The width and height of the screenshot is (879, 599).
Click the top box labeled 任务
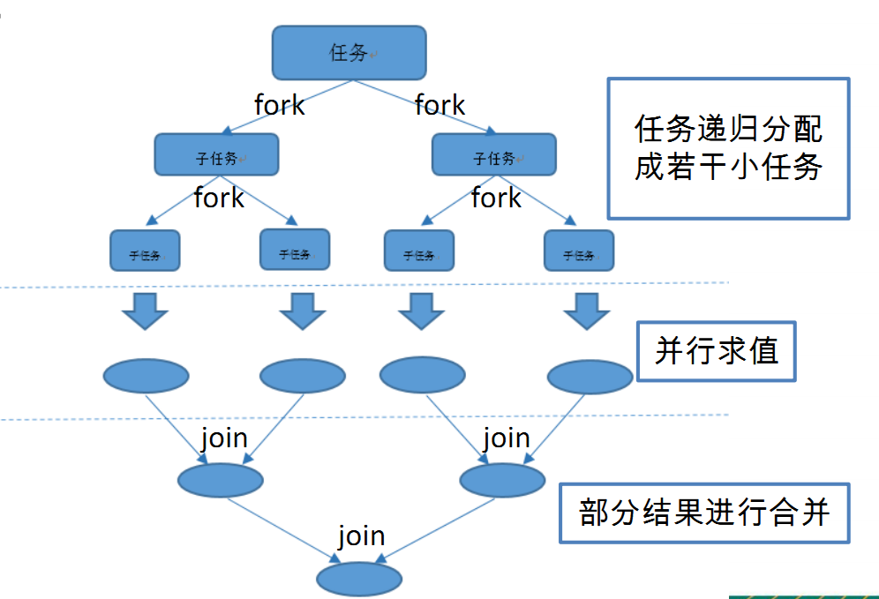click(349, 53)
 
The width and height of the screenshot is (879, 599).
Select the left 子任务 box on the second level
click(216, 154)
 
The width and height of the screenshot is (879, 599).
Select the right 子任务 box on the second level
click(494, 155)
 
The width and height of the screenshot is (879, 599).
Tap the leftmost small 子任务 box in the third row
click(145, 251)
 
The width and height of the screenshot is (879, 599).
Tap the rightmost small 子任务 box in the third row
click(578, 251)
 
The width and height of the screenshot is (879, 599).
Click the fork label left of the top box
click(280, 105)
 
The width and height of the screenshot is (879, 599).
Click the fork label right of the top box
click(439, 105)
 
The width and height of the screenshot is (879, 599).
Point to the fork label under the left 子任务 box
click(219, 198)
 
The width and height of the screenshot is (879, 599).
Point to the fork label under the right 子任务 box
click(496, 198)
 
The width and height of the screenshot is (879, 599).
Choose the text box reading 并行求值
click(717, 352)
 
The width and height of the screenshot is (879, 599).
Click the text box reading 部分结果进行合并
click(704, 513)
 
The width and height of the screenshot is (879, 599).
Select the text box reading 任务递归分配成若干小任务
click(728, 148)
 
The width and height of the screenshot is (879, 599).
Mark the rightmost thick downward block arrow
click(587, 311)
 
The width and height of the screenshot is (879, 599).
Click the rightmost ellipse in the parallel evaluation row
click(590, 377)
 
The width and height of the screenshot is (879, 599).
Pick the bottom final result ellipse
click(360, 579)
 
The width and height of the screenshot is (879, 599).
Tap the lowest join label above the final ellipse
click(361, 535)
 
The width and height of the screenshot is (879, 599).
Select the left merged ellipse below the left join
click(221, 480)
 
